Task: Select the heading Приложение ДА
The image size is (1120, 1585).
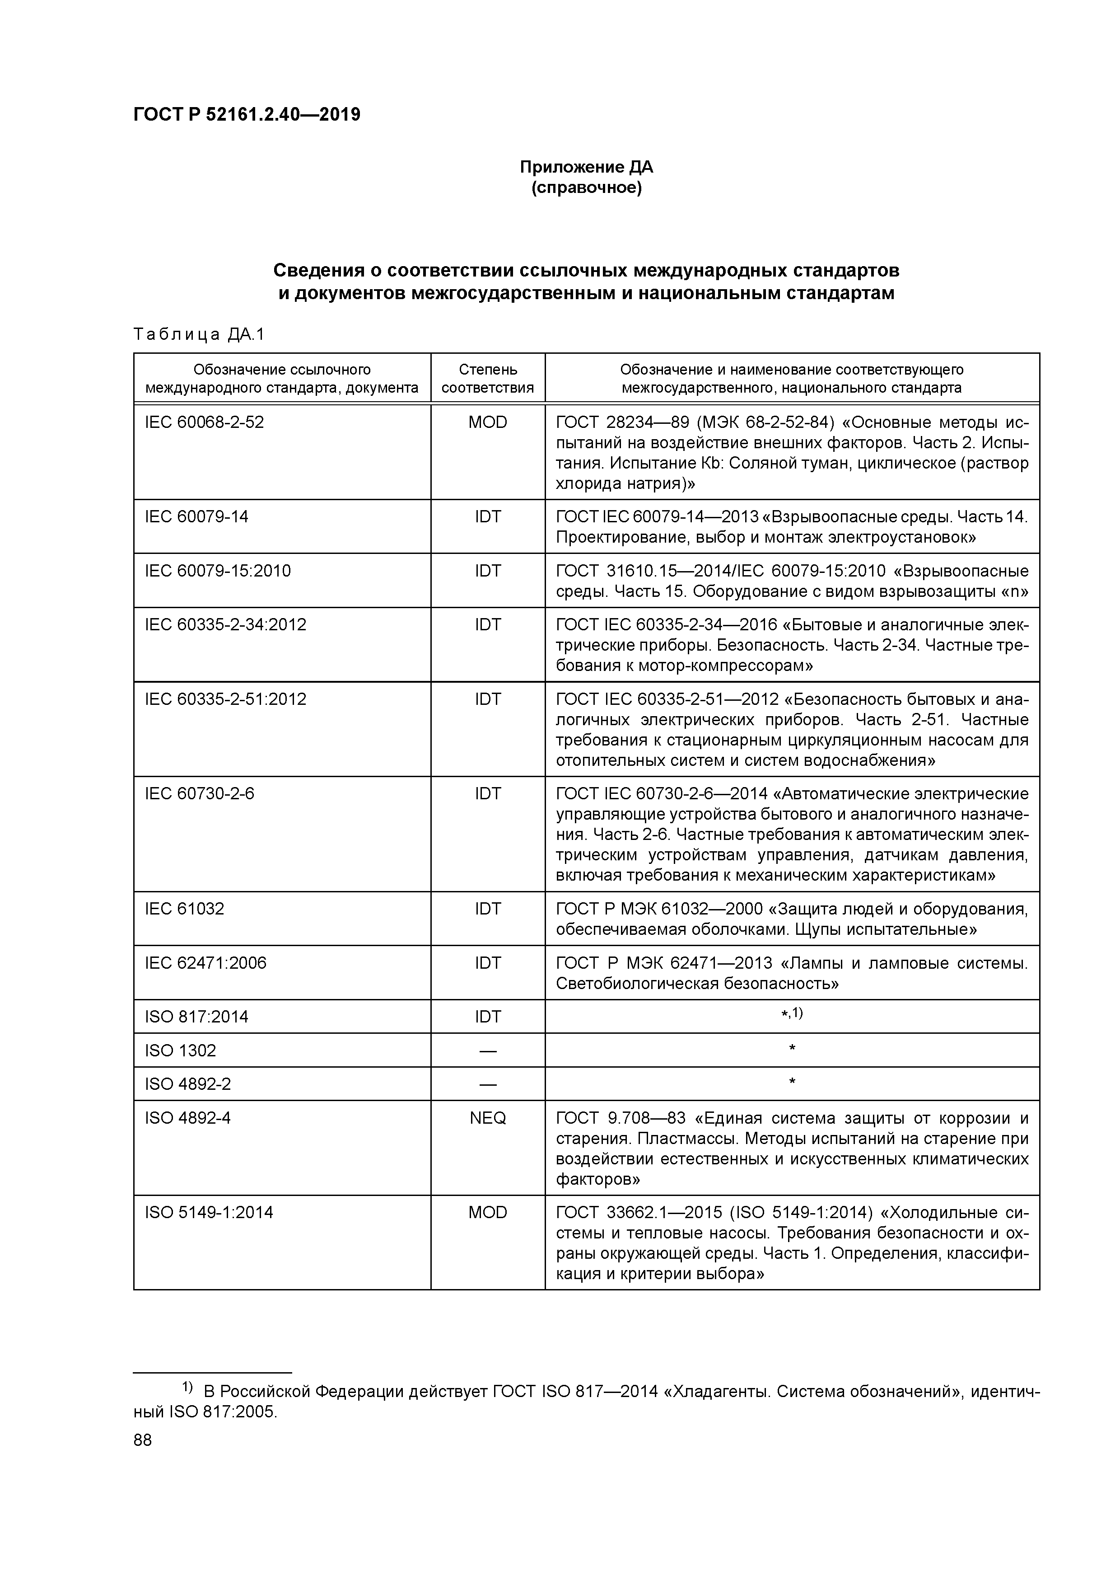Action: (586, 167)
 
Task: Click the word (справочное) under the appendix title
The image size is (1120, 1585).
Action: (586, 188)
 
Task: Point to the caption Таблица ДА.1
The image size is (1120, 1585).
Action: (199, 335)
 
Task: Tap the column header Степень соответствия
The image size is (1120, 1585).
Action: (487, 378)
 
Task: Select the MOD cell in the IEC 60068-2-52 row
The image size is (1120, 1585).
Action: (487, 422)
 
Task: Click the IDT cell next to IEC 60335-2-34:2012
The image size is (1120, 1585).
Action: (487, 625)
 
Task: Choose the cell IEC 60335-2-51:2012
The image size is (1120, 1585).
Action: (225, 699)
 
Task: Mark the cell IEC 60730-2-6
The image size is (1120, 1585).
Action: (200, 794)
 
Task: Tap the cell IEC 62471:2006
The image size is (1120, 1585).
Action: (205, 963)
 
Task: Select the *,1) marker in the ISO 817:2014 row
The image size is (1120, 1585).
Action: (792, 1013)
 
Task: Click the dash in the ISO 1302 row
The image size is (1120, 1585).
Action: (487, 1050)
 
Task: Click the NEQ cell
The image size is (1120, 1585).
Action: (487, 1118)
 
